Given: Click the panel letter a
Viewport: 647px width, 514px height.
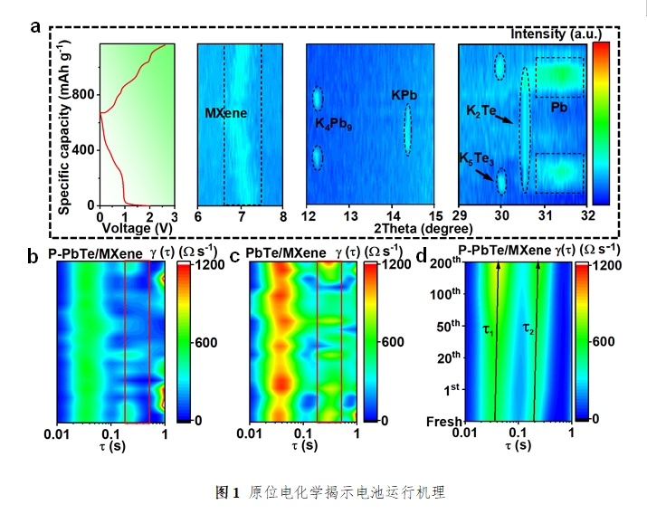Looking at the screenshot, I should [35, 26].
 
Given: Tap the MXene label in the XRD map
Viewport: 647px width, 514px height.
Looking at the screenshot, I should [225, 114].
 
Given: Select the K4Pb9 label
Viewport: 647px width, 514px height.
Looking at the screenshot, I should [334, 123].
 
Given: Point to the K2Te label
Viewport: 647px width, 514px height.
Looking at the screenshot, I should [480, 110].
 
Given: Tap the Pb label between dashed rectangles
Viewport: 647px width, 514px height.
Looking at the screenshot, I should [560, 108].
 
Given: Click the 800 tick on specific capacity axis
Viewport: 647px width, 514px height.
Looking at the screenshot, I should [82, 94].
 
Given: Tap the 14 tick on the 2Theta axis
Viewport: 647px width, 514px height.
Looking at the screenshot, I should [392, 216].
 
